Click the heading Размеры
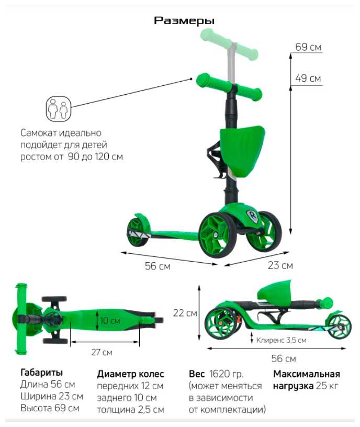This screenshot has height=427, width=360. (184, 21)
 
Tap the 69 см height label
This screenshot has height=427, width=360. (308, 47)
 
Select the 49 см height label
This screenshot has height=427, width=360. (308, 78)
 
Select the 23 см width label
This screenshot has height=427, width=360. (280, 265)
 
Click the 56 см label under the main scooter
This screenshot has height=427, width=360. (157, 266)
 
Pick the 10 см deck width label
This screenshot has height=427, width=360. (111, 320)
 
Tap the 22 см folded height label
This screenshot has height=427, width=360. (185, 313)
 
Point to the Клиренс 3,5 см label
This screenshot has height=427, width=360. (281, 340)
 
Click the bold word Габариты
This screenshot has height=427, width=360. (41, 373)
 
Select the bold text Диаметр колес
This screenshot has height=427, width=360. (130, 374)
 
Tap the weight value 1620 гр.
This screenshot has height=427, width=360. (226, 374)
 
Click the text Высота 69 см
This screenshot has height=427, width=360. (50, 408)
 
